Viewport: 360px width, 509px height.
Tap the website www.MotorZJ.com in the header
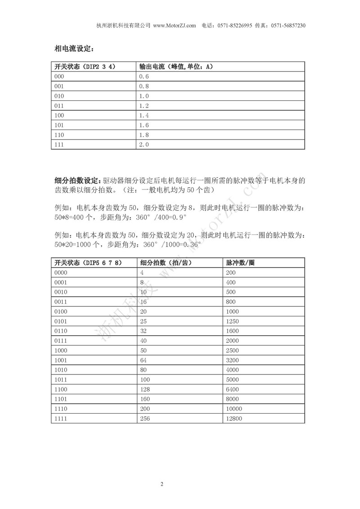tap(175, 26)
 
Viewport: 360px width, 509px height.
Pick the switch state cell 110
tap(59, 135)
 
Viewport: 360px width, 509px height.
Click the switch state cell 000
tap(59, 77)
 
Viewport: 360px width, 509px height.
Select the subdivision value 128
tap(146, 389)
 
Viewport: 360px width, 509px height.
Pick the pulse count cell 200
tap(231, 273)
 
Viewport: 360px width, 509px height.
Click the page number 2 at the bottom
tap(162, 484)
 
